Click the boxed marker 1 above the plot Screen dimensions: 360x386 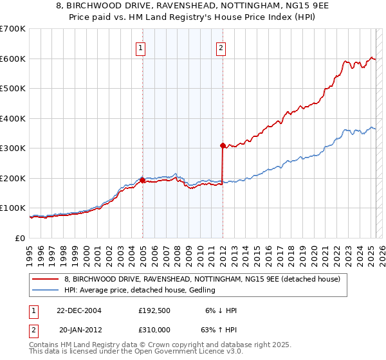point(141,47)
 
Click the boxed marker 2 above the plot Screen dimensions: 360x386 point(221,47)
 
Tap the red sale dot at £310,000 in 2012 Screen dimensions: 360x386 point(223,145)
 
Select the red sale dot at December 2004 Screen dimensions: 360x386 point(142,180)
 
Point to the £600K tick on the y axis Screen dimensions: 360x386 point(14,59)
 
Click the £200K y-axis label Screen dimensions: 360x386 point(14,178)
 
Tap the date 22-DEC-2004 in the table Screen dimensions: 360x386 point(79,310)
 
